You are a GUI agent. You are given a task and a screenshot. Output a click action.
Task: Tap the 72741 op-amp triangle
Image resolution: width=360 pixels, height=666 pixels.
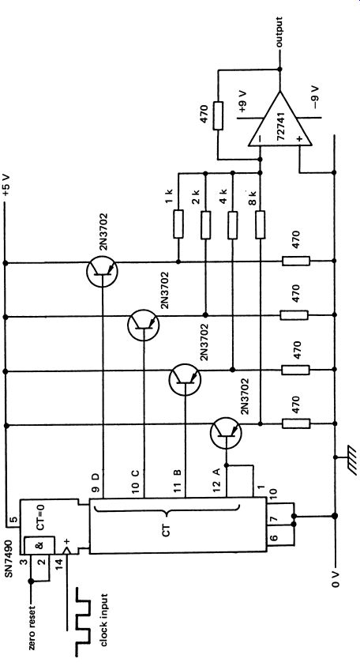click(x=280, y=120)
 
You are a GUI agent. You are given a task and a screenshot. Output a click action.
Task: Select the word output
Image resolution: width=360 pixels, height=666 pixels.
click(x=279, y=32)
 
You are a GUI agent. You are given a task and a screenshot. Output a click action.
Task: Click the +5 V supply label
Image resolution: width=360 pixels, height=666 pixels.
click(x=7, y=184)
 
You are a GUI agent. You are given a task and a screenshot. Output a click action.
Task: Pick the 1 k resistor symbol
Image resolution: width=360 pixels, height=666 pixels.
click(x=178, y=224)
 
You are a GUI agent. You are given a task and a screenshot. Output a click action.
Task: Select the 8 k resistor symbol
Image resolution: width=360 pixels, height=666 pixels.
click(x=261, y=224)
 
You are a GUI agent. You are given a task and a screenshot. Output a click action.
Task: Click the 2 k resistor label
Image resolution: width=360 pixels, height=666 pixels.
click(x=195, y=196)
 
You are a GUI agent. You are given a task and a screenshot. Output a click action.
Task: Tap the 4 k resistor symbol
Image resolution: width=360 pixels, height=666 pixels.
click(x=233, y=225)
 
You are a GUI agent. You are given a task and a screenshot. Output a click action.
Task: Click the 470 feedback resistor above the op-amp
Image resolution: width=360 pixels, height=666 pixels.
click(x=218, y=115)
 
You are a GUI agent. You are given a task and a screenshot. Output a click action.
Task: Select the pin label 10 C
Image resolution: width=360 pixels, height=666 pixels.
click(x=134, y=481)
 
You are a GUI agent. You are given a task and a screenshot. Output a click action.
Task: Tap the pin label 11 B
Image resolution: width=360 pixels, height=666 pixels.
click(x=178, y=481)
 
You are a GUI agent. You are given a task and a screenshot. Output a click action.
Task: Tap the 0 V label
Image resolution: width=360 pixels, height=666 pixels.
click(x=336, y=577)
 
